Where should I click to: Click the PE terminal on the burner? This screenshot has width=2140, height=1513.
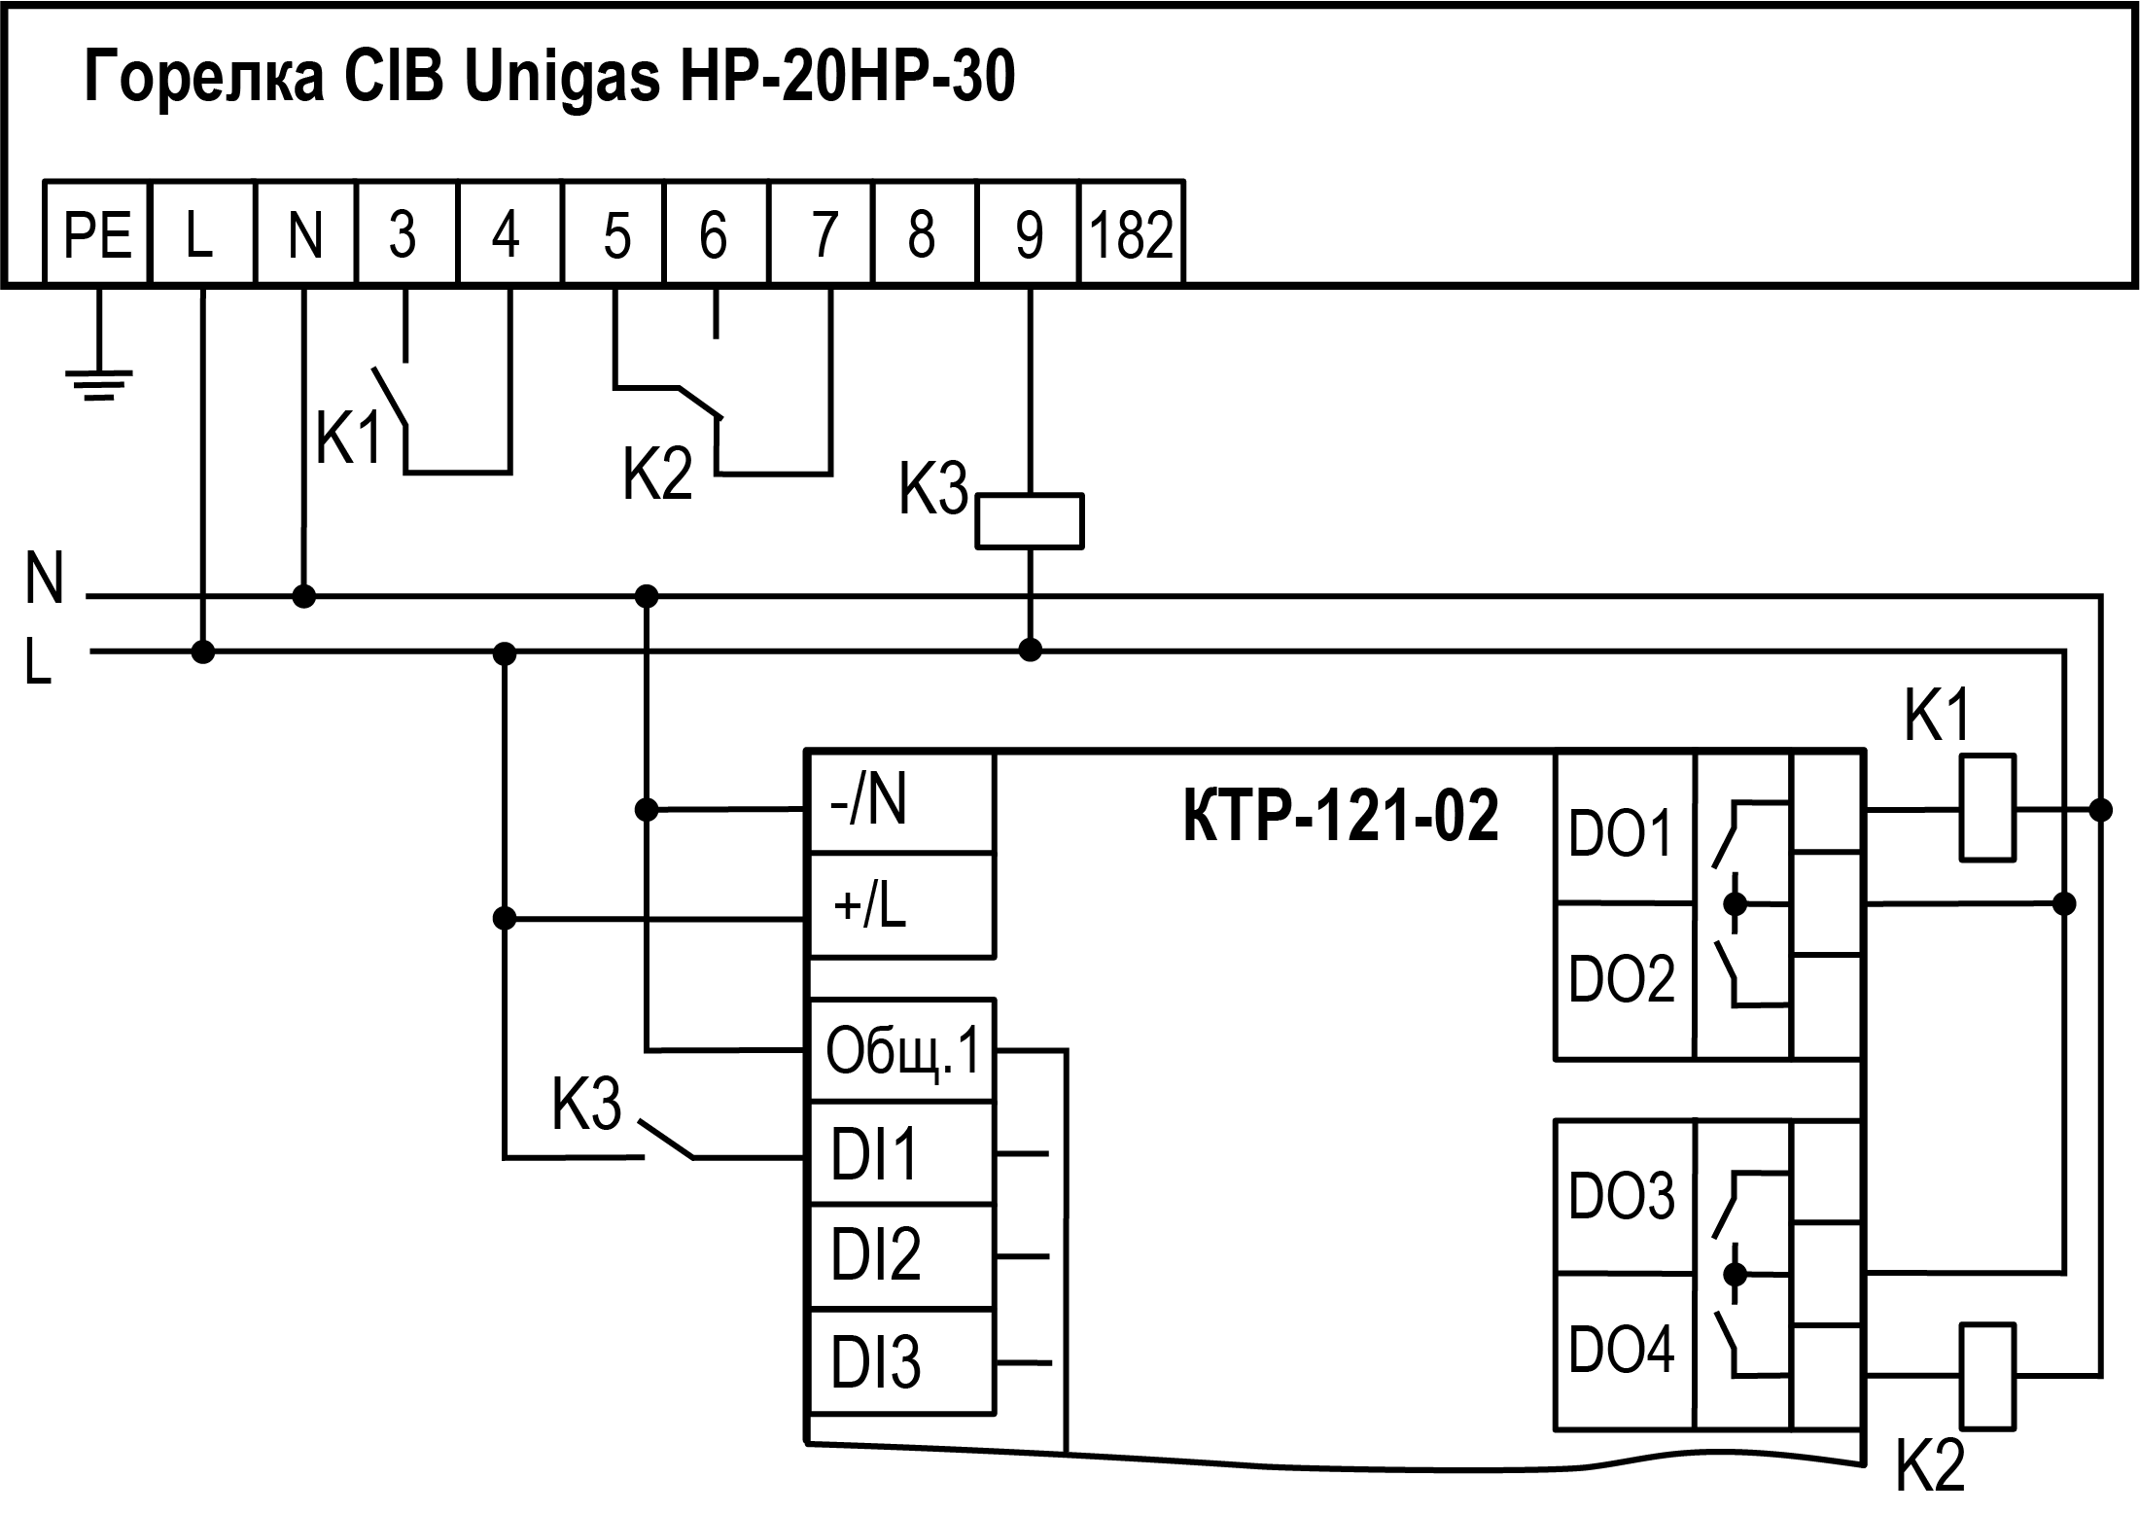[97, 233]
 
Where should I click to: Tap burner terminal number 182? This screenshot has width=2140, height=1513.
[1132, 233]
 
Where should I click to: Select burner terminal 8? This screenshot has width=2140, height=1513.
[922, 233]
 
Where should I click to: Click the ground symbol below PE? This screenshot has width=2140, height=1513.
[98, 383]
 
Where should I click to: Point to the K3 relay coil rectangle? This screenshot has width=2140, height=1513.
[1029, 522]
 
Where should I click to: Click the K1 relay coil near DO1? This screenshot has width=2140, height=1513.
[1987, 808]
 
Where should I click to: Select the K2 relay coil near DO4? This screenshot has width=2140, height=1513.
[1987, 1375]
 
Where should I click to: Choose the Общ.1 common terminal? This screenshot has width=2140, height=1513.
[901, 1050]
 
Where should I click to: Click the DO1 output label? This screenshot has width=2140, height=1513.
[1622, 832]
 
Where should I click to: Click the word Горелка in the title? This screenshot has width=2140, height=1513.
[204, 78]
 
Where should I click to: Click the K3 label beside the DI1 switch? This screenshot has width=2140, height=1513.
[586, 1105]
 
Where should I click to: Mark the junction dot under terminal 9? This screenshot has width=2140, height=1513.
[1031, 650]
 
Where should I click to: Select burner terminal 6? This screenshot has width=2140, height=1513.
[715, 233]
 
